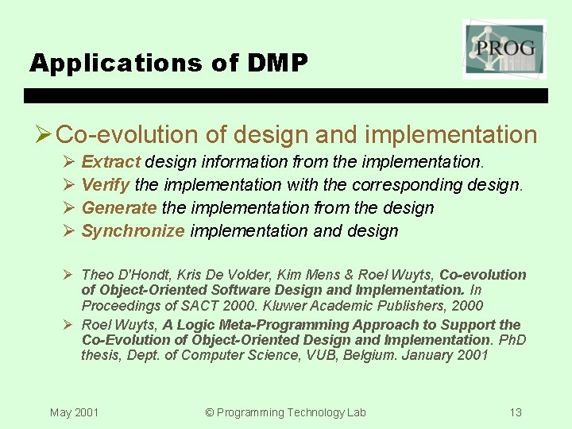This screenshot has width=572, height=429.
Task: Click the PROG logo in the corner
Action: (x=504, y=49)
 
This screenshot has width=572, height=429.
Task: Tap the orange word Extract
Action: (x=111, y=162)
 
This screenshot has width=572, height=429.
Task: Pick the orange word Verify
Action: (x=106, y=185)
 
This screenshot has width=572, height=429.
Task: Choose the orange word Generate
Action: (x=119, y=208)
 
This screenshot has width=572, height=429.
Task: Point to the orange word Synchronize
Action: (x=133, y=231)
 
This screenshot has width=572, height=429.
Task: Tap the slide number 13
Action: (x=516, y=412)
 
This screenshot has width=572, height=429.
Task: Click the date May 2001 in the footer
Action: (x=74, y=412)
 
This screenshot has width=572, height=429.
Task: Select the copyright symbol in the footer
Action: (x=210, y=412)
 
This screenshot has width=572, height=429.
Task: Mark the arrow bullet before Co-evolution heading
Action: (x=43, y=135)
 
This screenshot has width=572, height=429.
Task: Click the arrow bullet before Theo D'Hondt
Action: (x=69, y=275)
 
